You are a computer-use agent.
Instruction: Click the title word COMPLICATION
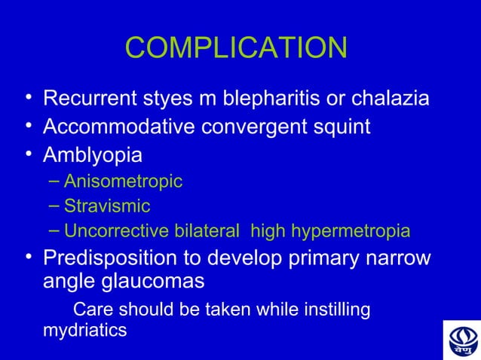click(x=236, y=48)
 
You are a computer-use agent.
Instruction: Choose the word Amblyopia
click(x=92, y=156)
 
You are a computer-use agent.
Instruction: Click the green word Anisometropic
click(x=123, y=182)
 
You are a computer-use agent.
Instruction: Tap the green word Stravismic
click(x=107, y=206)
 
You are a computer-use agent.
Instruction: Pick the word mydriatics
click(x=84, y=330)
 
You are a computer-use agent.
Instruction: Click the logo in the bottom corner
click(x=461, y=340)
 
